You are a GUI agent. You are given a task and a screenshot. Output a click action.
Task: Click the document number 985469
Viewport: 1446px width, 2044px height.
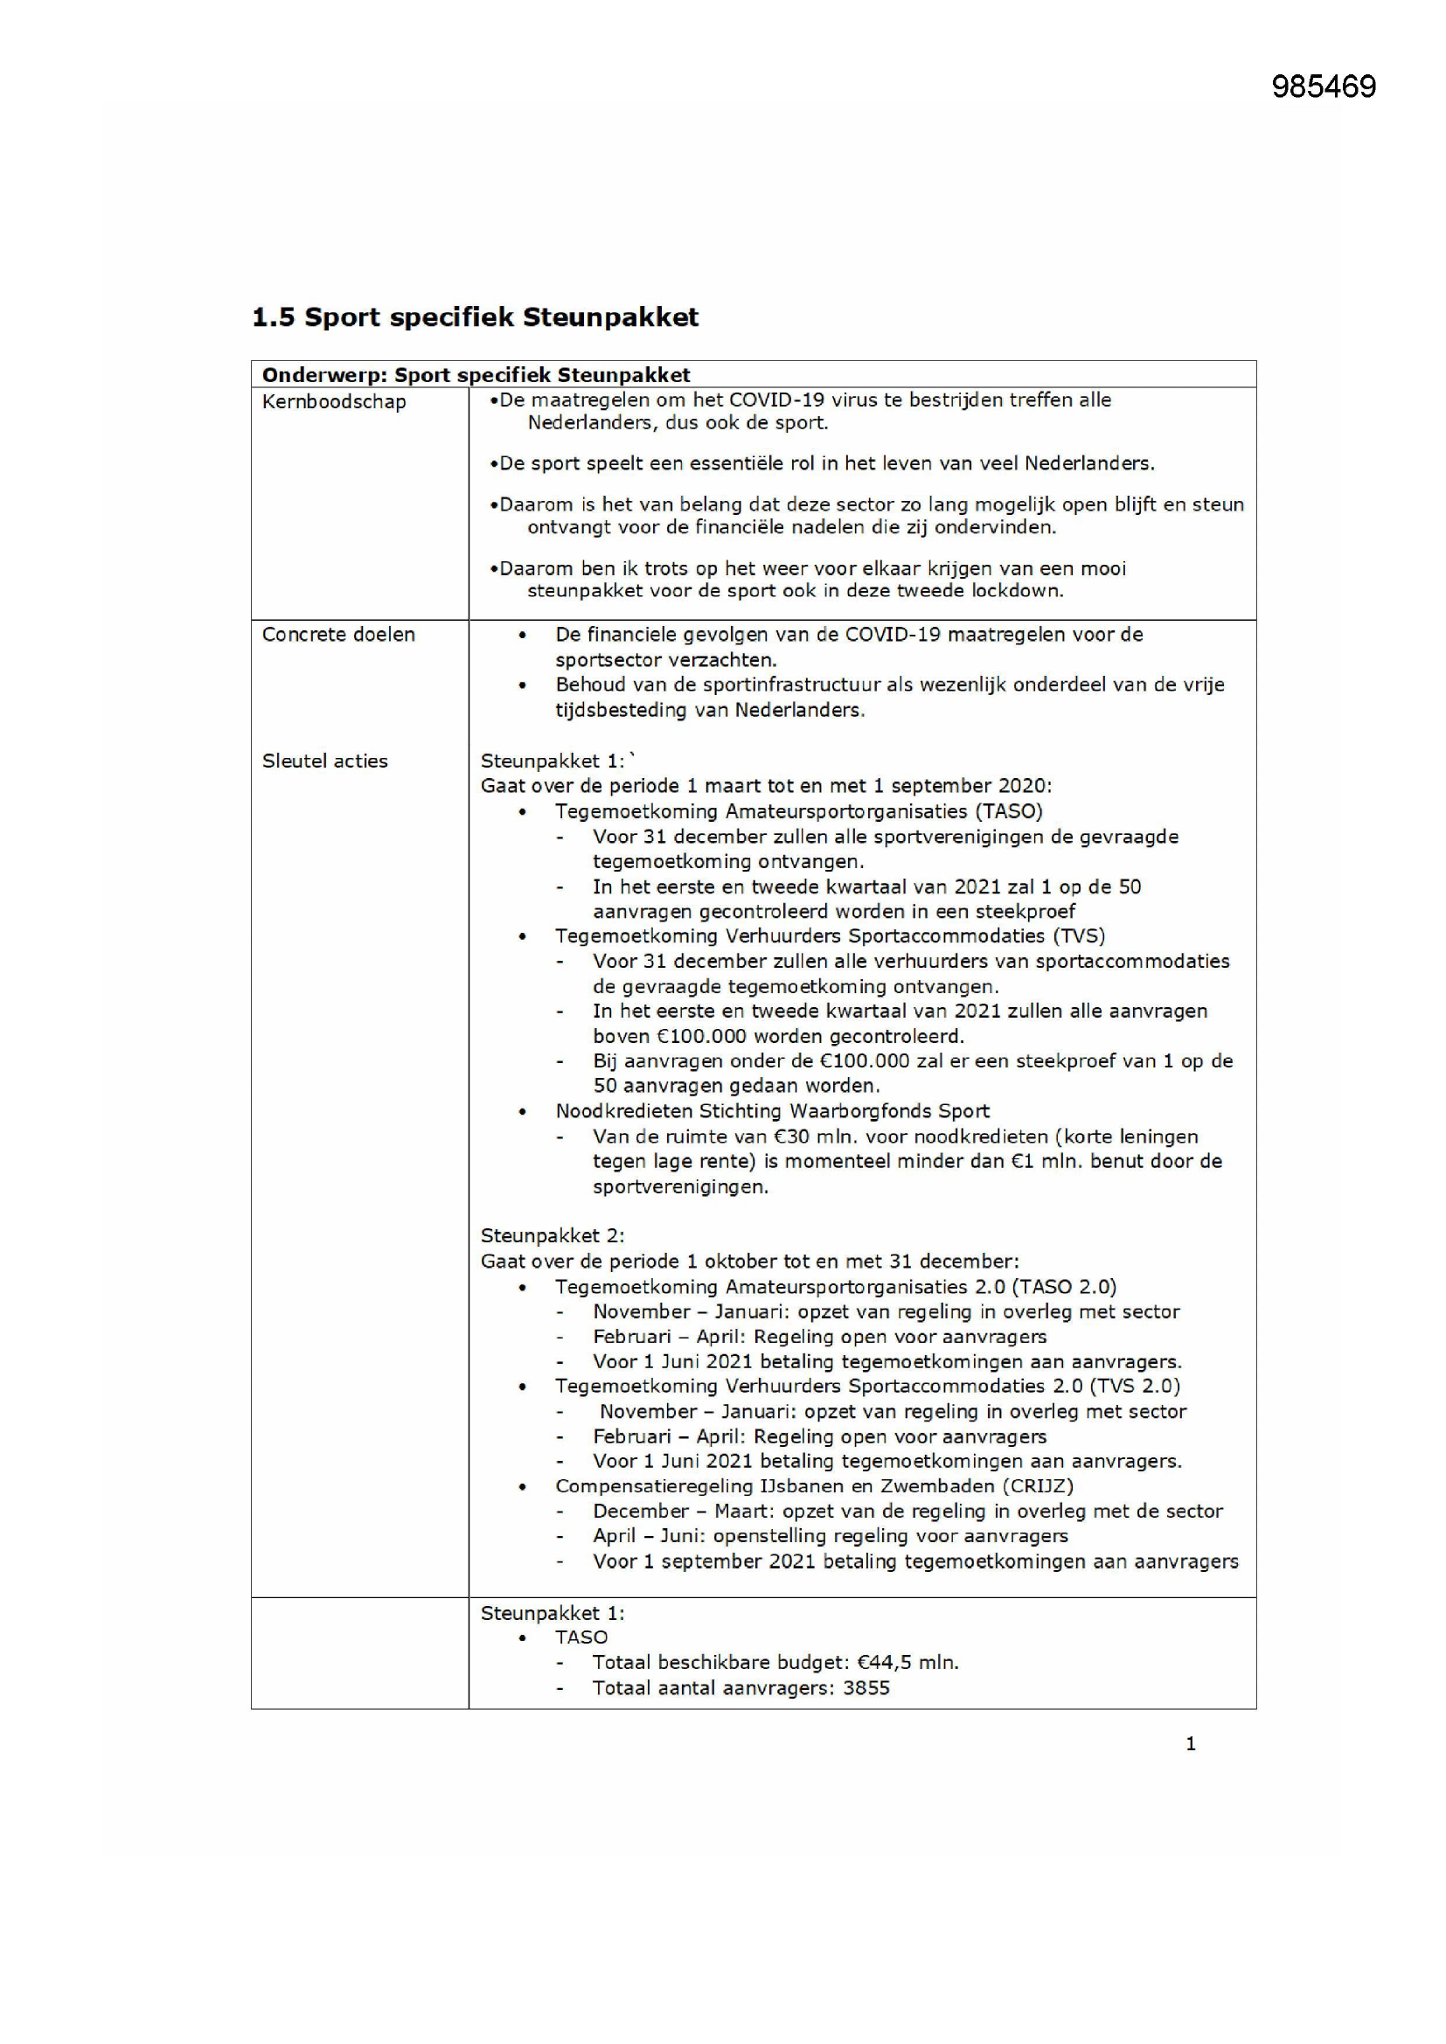click(x=1323, y=87)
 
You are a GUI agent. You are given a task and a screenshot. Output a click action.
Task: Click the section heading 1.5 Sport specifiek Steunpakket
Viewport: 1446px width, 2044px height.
click(x=475, y=318)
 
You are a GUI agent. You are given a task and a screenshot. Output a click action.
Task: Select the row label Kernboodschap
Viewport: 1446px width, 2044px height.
click(x=334, y=402)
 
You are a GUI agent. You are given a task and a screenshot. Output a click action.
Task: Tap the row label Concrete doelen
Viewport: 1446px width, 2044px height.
click(x=338, y=635)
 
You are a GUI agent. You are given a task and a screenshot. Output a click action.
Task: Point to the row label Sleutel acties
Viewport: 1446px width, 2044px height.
click(x=325, y=761)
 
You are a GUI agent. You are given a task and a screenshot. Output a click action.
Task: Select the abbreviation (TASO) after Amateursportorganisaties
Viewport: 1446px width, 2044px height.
click(x=1009, y=812)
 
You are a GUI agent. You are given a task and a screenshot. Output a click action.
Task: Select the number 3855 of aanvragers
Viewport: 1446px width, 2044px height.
click(x=866, y=1689)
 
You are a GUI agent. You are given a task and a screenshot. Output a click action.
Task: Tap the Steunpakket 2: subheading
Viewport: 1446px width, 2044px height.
click(x=552, y=1236)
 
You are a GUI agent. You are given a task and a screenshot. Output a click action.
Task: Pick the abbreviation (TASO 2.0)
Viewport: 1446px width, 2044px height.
click(x=1063, y=1287)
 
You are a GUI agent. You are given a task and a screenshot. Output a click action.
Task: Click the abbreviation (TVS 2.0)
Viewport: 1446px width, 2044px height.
click(x=1131, y=1386)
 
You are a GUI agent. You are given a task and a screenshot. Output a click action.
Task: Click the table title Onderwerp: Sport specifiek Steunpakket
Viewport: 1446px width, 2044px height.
click(x=476, y=375)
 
